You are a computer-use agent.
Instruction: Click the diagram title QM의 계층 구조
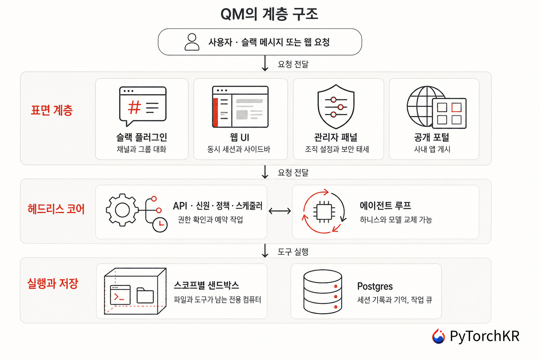269,14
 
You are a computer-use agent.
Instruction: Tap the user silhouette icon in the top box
192,42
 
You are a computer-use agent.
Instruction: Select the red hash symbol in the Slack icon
134,107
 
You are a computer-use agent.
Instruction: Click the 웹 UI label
240,137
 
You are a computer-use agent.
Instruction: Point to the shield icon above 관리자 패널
336,106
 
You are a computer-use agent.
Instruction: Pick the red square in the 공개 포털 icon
456,108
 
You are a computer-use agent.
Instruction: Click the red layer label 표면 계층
52,110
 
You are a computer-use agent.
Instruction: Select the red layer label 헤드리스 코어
56,209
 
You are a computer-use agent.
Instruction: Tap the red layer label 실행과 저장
53,283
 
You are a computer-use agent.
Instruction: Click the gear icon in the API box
122,210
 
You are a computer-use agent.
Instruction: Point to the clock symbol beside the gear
160,225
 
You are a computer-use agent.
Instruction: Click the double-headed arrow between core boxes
279,211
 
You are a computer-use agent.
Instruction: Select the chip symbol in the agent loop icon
324,212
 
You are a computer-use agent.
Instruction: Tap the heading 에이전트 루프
385,206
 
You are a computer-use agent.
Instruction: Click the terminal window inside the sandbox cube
120,295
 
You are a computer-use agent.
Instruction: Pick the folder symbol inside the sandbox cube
145,295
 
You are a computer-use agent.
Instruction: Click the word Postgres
375,287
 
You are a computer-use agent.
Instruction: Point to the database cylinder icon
323,291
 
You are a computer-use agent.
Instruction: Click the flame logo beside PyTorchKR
438,336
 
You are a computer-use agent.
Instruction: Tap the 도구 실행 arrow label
293,252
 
